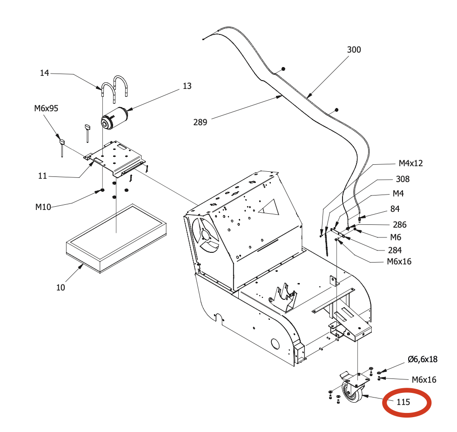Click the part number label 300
click(354, 50)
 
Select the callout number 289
click(200, 122)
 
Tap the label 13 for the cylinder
click(187, 86)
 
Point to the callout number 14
click(44, 73)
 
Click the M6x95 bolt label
click(46, 108)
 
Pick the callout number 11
click(43, 176)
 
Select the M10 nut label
click(43, 207)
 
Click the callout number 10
click(61, 287)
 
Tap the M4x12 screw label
click(410, 163)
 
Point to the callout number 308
click(403, 179)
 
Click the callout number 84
click(395, 209)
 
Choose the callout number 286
click(399, 224)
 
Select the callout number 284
click(395, 250)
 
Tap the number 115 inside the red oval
click(403, 402)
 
